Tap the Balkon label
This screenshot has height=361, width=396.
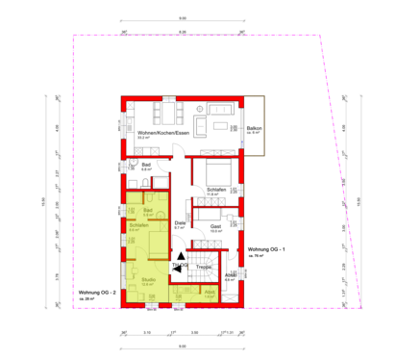point(255,128)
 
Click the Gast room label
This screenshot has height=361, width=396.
point(216,227)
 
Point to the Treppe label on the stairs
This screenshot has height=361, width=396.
point(204,267)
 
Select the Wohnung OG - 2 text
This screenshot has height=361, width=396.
point(96,292)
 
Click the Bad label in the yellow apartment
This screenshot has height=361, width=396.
point(149,209)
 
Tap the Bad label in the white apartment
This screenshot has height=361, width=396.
point(147,165)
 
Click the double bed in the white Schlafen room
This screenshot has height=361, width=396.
point(212,170)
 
